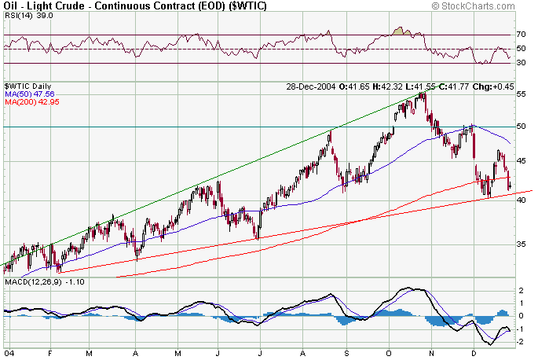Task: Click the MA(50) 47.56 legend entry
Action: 26,93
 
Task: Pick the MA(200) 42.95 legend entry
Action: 28,101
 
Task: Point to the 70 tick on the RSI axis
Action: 521,35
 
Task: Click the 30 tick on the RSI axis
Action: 521,63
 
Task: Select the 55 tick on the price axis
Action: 521,94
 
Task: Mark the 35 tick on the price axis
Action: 521,244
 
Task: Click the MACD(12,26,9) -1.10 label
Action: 38,281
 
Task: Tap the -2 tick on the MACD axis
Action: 521,340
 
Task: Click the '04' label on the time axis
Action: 7,353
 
